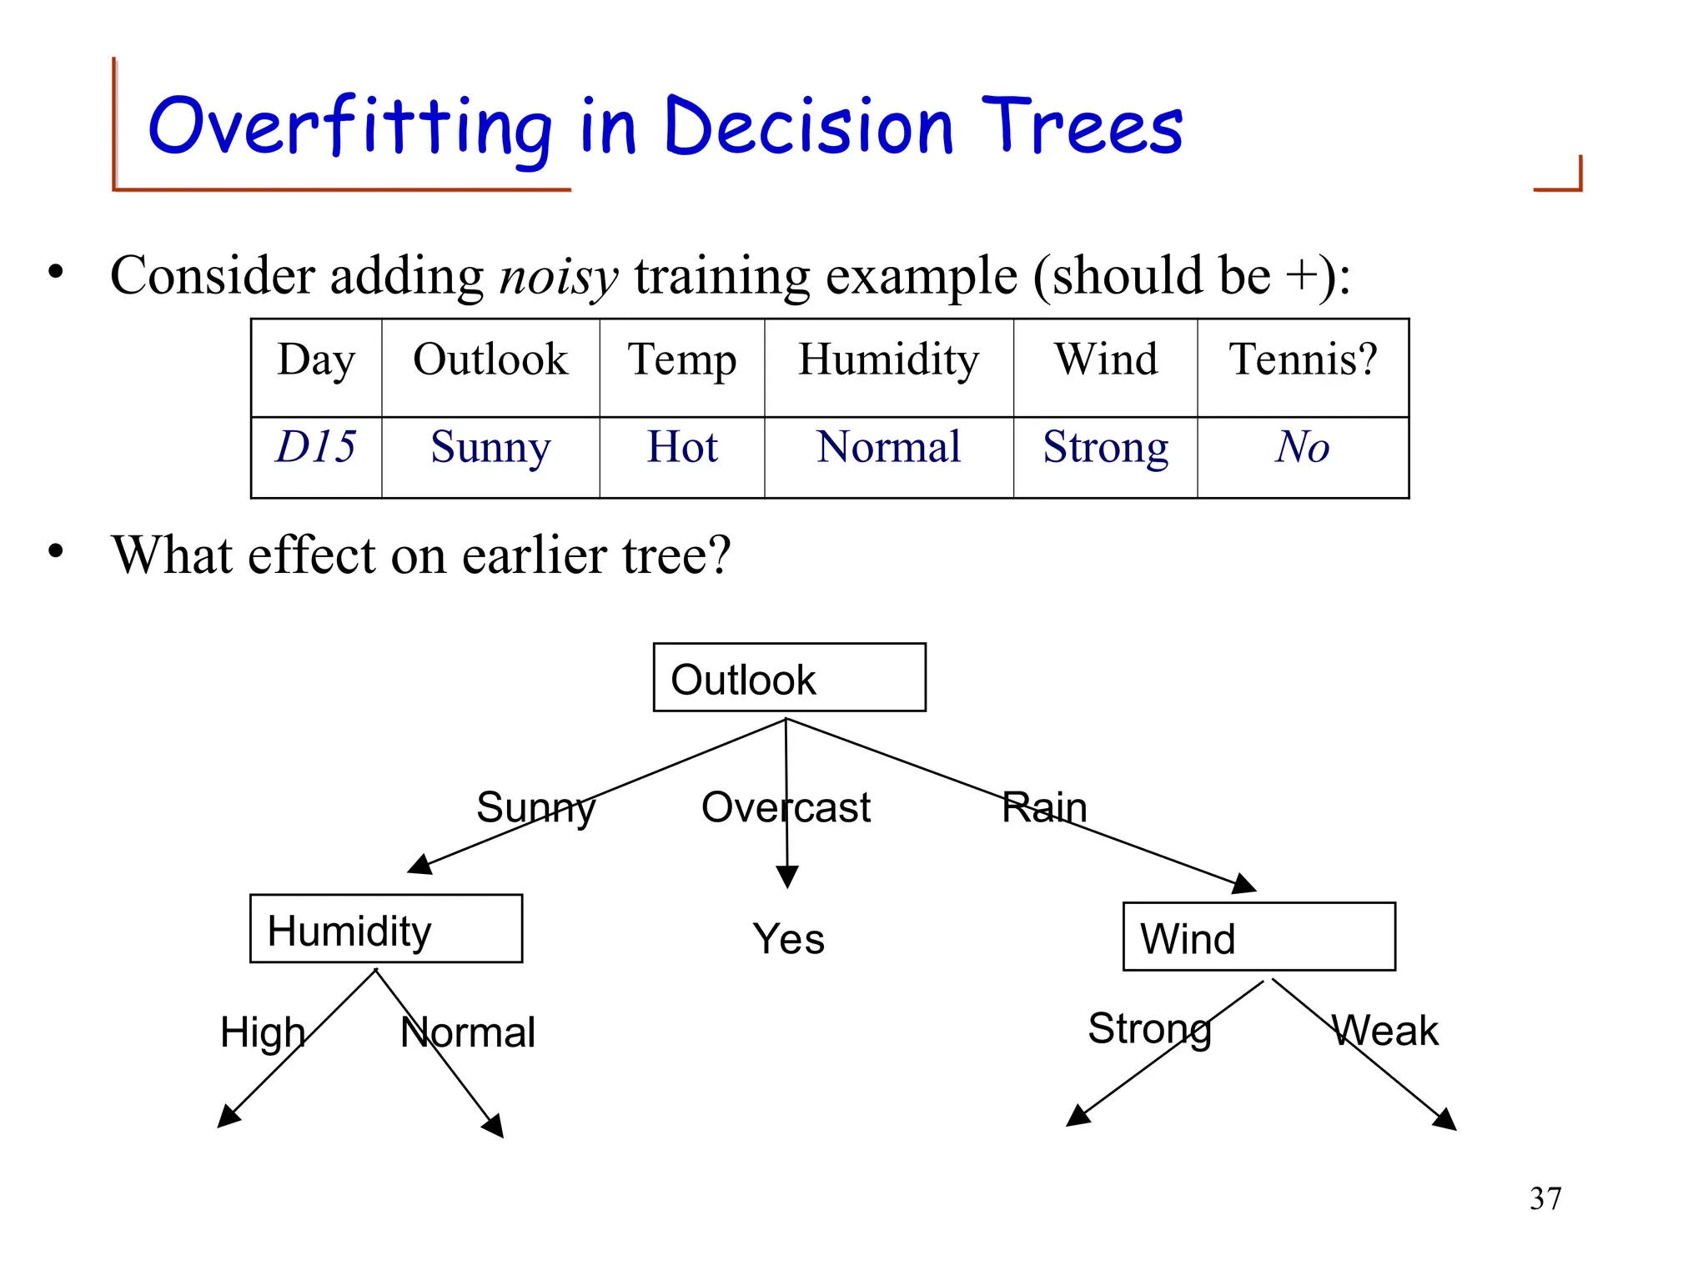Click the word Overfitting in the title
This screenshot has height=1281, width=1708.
350,127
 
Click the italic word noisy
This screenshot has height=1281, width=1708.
558,276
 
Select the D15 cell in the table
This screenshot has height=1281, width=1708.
316,447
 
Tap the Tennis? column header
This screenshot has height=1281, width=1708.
1303,360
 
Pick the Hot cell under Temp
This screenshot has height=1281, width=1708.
681,447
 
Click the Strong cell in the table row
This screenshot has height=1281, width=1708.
1105,447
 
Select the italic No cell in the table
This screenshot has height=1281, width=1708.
1302,447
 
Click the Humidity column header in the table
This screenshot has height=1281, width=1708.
888,360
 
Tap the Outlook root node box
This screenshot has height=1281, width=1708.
789,677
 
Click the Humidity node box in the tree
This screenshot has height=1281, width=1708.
386,929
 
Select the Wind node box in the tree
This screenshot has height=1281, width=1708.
1258,937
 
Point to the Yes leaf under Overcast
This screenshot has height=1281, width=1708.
788,939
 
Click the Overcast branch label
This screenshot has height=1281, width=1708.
786,807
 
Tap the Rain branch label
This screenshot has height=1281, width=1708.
1044,807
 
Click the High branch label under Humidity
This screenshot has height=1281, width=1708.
263,1032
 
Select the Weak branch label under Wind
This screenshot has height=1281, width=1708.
1384,1031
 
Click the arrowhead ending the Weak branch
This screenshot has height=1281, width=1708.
1446,1121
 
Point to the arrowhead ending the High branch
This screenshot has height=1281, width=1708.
227,1118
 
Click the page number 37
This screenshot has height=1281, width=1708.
1545,1198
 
